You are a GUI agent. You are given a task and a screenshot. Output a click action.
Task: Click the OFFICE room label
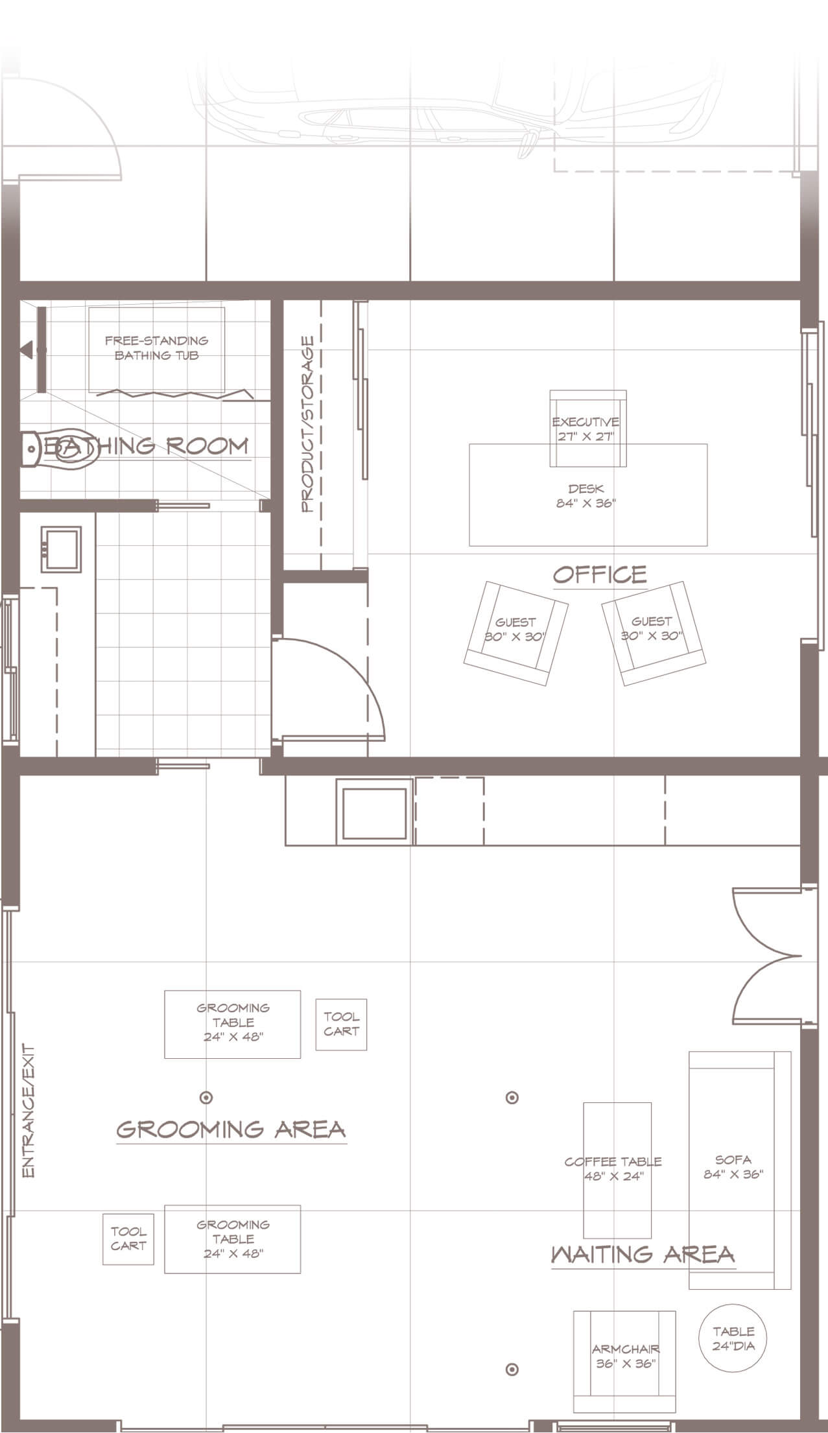(600, 574)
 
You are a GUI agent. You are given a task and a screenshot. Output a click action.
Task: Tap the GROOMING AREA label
(231, 1130)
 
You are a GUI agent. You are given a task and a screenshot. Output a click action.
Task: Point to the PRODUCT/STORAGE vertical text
(307, 424)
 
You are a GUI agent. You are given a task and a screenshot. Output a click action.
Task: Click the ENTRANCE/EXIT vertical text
(28, 1109)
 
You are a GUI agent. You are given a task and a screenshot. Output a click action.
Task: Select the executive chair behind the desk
(588, 428)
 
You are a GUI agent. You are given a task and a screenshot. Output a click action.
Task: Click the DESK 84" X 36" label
(586, 496)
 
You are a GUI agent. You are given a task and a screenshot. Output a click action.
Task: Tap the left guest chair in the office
(516, 633)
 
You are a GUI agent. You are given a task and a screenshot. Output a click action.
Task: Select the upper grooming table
(232, 1024)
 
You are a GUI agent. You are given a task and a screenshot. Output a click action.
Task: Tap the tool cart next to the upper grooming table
(341, 1024)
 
